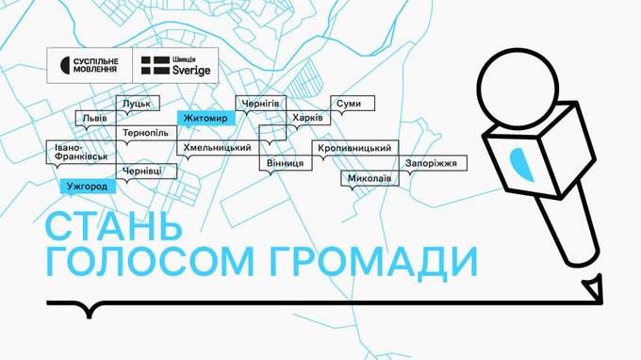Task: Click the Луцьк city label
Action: [x=138, y=104]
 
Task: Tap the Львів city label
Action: [x=95, y=118]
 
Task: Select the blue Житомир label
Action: [x=206, y=118]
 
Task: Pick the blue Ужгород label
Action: [x=88, y=187]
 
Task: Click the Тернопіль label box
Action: [x=146, y=133]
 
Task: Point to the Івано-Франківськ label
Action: [x=81, y=152]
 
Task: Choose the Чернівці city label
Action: [x=146, y=172]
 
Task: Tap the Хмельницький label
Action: [x=218, y=148]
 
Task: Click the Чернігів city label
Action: [x=261, y=104]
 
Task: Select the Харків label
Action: [x=308, y=118]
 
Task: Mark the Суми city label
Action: [x=353, y=104]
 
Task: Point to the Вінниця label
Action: [x=286, y=163]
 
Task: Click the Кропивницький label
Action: [x=355, y=148]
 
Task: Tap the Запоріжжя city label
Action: [x=433, y=163]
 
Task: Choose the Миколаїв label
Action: [x=370, y=178]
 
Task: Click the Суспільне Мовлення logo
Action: [x=90, y=65]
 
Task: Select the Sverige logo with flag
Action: [x=175, y=65]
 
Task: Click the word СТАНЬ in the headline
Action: [x=114, y=226]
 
